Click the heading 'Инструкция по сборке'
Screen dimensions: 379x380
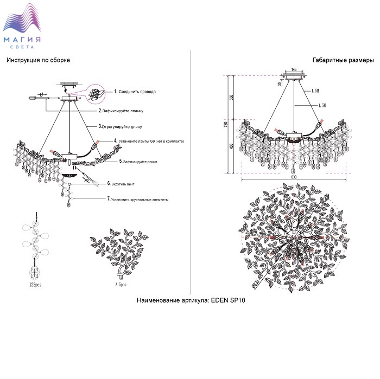pyautogui.click(x=39, y=60)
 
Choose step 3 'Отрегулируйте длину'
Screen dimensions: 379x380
pyautogui.click(x=122, y=126)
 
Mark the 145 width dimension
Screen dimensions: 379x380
pyautogui.click(x=294, y=70)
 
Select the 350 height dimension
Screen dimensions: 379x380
pyautogui.click(x=231, y=98)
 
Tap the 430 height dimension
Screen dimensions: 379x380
pyautogui.click(x=231, y=146)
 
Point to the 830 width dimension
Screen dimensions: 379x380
pyautogui.click(x=294, y=177)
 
